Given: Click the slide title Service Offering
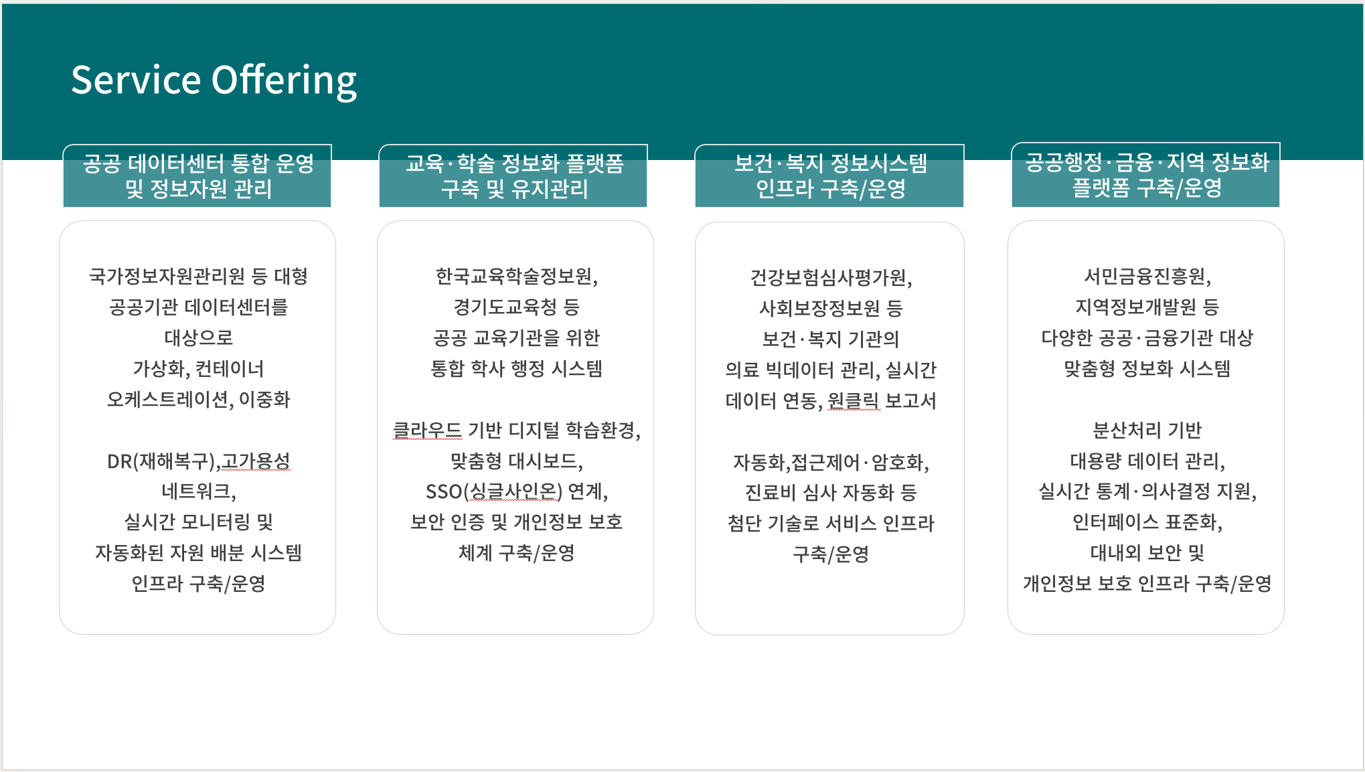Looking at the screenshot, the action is coord(214,80).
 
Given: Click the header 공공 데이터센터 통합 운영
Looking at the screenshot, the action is coord(198,163).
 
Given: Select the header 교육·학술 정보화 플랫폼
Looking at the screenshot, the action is coord(514,163).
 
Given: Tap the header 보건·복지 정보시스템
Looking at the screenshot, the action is coord(830,163).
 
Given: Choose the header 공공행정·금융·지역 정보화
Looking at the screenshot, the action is coord(1147,162).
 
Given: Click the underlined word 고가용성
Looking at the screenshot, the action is coord(256,461).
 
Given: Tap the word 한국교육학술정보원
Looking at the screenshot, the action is coord(513,276).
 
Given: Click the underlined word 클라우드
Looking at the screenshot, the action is coord(427,430).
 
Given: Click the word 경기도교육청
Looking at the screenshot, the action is coord(505,307).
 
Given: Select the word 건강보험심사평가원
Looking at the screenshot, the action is coord(828,277).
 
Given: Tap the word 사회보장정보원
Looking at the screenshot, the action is coord(819,308).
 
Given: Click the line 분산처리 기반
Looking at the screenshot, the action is coord(1147,430).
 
